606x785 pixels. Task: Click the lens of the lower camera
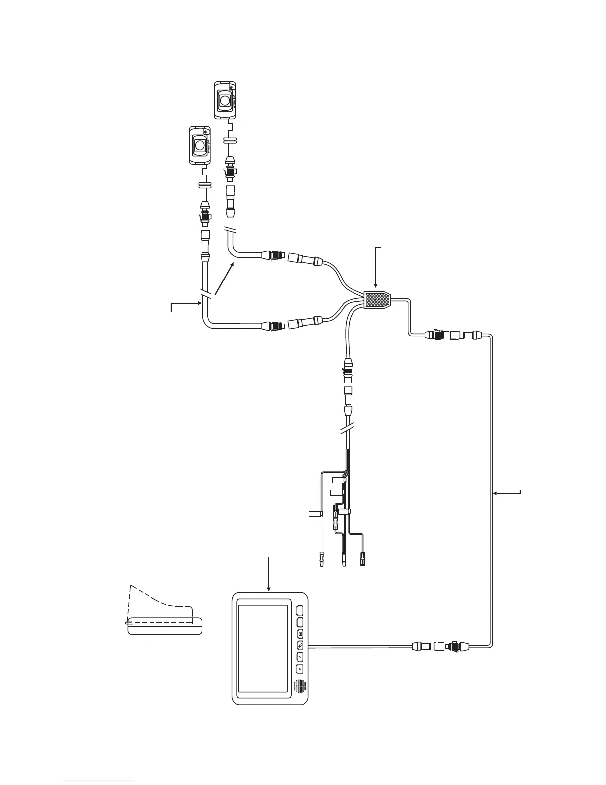(x=201, y=145)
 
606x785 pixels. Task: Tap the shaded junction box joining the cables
(x=377, y=300)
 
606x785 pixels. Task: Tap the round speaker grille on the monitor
(x=299, y=687)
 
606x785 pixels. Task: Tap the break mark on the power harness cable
(x=347, y=427)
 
